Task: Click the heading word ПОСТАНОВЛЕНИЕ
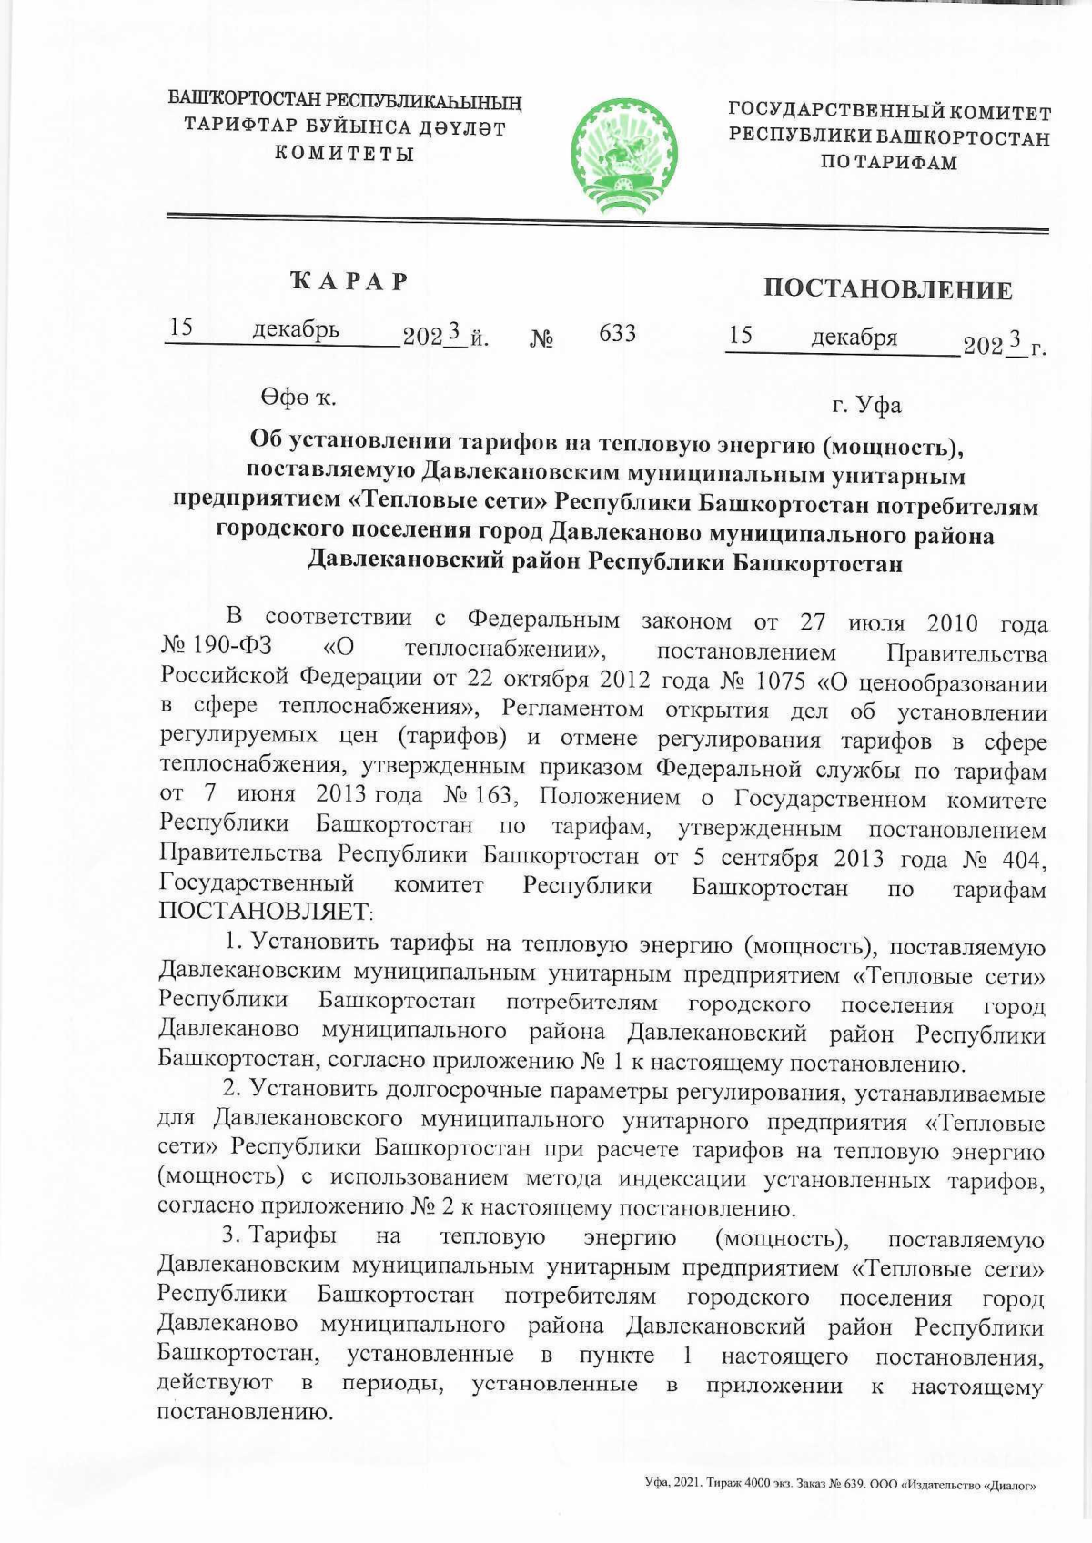click(887, 290)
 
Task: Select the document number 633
click(617, 334)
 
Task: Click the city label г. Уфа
click(866, 405)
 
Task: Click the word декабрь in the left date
click(296, 329)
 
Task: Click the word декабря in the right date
click(854, 338)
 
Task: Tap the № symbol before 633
click(542, 339)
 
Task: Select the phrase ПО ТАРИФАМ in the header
click(888, 164)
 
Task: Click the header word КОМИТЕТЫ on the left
click(345, 153)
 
